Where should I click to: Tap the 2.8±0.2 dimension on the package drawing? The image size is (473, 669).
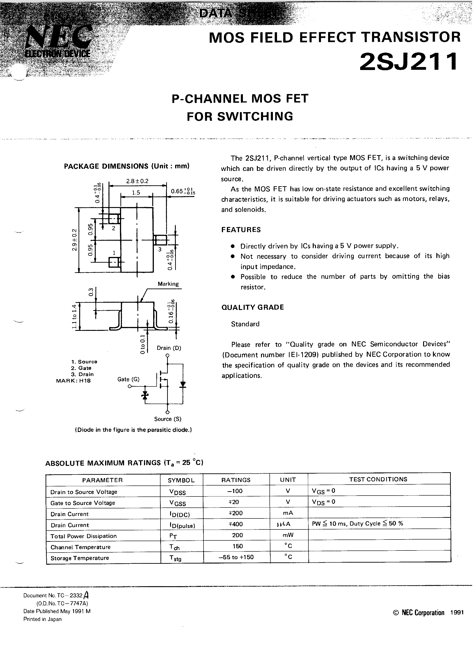[137, 181]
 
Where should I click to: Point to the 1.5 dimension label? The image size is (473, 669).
[136, 193]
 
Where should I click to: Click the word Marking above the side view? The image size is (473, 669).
[168, 284]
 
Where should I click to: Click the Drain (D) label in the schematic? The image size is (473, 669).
[169, 348]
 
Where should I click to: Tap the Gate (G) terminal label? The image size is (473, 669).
[128, 379]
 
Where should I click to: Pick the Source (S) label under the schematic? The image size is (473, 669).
[168, 419]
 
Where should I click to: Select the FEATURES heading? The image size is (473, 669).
[241, 230]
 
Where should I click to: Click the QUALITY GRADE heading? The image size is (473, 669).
[253, 307]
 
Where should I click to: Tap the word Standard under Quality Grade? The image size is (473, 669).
[245, 324]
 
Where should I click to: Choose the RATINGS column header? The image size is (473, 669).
[236, 480]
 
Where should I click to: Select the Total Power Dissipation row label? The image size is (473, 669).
[83, 536]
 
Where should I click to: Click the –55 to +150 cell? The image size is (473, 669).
[236, 557]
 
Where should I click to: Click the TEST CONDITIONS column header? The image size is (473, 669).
[378, 479]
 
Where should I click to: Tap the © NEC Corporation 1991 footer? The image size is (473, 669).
[428, 612]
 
